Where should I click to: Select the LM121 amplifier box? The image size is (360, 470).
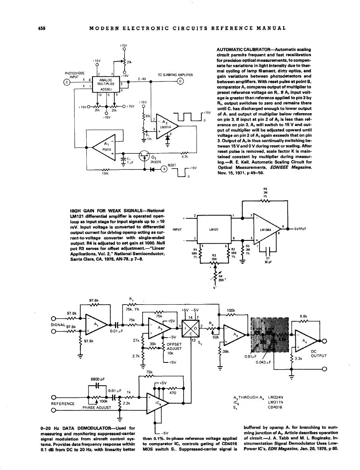point(213,230)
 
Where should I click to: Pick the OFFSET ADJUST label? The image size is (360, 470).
point(175,346)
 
